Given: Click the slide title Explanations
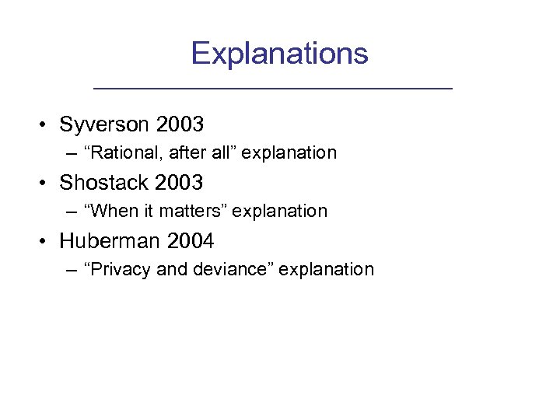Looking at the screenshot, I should click(279, 53).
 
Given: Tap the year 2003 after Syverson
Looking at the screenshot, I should click(179, 124).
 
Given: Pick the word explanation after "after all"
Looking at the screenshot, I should click(289, 153).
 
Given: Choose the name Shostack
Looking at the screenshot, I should click(104, 183).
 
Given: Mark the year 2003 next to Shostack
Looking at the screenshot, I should click(179, 183).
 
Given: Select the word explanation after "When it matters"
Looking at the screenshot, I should click(280, 212).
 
